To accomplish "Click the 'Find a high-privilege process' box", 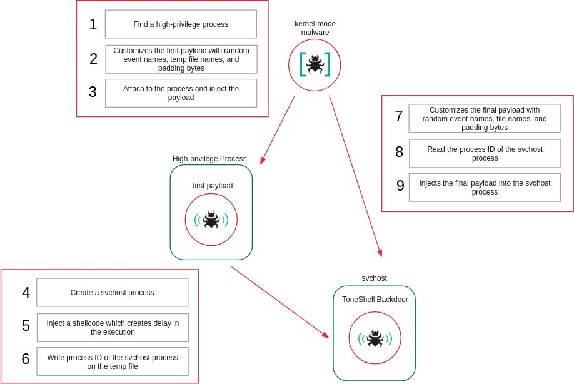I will tap(181, 24).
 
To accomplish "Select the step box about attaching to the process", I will tap(181, 93).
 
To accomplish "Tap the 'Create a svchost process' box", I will tap(113, 292).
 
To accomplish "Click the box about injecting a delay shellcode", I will tap(113, 327).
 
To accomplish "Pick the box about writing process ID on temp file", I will tap(113, 361).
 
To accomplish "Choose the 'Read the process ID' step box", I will tap(485, 154).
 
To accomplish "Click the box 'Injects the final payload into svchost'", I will tap(485, 188).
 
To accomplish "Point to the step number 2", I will tap(93, 59).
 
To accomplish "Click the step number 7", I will tap(399, 116).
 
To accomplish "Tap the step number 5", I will tap(26, 326).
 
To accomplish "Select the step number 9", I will tap(400, 186).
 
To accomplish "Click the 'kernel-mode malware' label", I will tap(315, 28).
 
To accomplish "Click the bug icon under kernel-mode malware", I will tap(315, 64).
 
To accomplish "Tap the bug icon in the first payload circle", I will tap(211, 220).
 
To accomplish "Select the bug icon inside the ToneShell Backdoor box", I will tap(375, 338).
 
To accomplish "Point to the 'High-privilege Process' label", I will tap(209, 159).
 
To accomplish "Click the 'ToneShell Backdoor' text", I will tap(375, 300).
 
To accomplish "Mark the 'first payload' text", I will tap(212, 186).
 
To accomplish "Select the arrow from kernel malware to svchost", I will tap(355, 176).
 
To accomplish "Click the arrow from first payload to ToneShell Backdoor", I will tap(279, 302).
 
